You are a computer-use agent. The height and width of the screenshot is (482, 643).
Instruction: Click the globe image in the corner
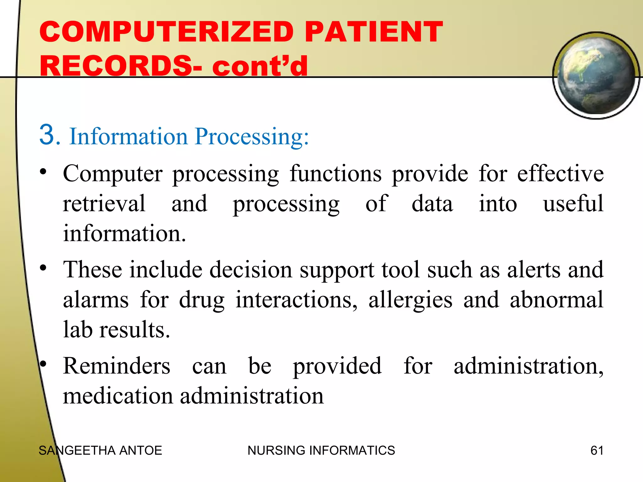point(596,76)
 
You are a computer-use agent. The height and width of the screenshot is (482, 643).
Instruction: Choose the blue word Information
point(128,137)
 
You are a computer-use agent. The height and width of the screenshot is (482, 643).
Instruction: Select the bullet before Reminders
point(43,364)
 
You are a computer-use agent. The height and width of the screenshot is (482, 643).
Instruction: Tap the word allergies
point(410,300)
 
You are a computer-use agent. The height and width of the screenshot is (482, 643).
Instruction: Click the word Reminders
point(116,366)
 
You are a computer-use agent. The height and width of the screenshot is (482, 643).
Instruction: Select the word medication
point(118,396)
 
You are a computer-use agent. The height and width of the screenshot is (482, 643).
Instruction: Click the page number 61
point(597,451)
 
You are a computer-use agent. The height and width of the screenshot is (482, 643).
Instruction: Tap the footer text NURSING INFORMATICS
point(321,451)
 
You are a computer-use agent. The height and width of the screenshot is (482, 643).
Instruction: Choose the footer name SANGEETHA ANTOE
point(100,451)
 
